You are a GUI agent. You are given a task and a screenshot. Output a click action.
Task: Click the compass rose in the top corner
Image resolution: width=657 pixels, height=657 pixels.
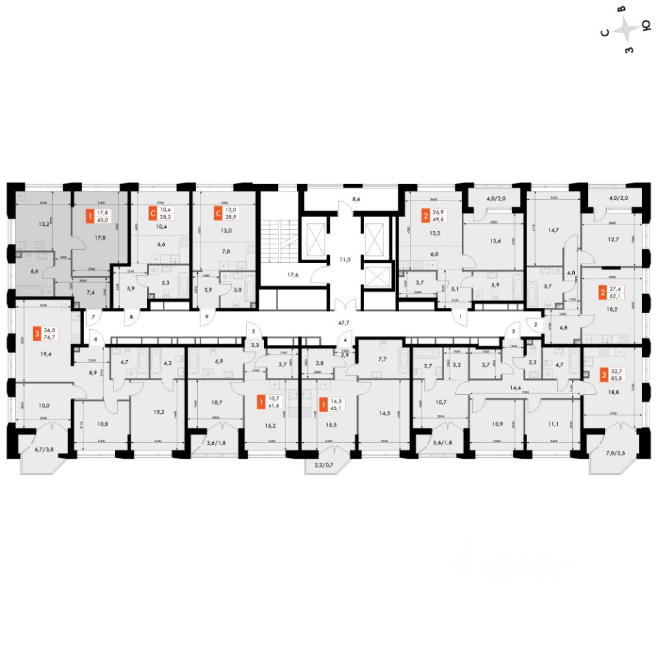[626, 31]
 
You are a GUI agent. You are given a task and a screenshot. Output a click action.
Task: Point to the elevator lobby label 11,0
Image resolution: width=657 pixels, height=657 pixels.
[346, 260]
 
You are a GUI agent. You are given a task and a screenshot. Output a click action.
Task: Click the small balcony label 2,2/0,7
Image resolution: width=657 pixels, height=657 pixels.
[319, 465]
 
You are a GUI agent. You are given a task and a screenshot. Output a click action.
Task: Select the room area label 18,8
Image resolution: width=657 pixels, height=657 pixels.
[606, 393]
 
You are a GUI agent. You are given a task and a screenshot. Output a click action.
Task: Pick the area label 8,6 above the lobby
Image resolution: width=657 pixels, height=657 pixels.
[355, 199]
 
